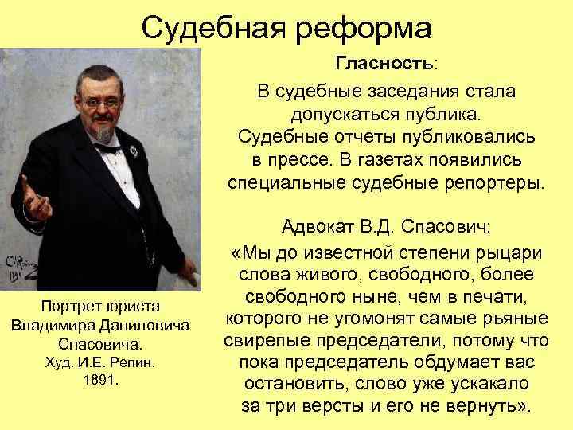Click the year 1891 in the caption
pyautogui.click(x=99, y=380)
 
